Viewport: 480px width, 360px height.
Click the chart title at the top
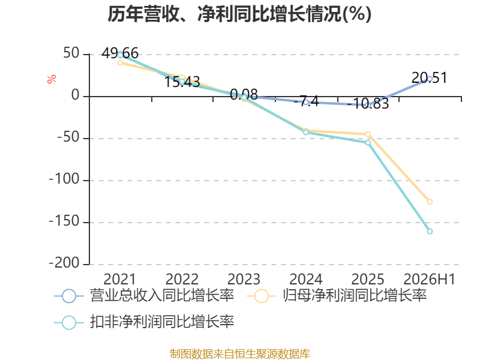239,14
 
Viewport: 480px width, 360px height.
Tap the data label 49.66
120,53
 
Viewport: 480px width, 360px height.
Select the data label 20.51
429,78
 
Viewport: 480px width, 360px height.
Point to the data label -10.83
368,103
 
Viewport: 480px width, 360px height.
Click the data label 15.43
182,82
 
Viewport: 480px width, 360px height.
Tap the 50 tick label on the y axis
71,53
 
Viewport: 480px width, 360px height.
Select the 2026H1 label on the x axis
430,280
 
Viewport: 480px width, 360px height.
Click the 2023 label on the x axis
244,280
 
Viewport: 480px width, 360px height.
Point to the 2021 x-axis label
119,280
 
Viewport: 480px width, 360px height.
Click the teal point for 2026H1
430,232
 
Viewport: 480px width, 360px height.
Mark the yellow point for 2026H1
430,202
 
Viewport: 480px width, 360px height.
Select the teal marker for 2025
368,143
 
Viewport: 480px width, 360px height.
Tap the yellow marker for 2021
120,63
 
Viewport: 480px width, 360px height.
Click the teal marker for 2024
306,132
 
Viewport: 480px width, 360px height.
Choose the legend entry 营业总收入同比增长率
144,296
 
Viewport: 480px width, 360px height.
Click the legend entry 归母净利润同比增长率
337,296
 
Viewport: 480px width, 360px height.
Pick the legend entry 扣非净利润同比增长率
144,322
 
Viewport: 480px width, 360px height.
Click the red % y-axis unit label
52,79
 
